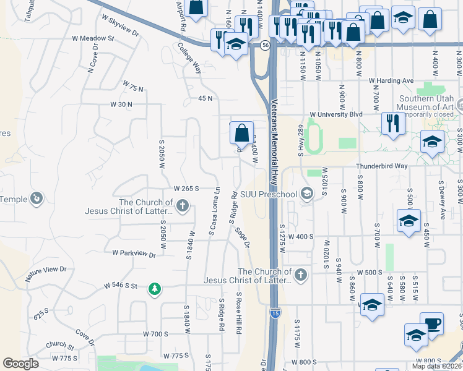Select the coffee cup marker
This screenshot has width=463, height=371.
432,323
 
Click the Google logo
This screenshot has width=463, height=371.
21,364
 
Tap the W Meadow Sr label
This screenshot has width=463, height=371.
94,38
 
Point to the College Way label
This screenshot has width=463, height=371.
189,58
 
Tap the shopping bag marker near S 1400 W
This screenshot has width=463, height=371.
241,132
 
